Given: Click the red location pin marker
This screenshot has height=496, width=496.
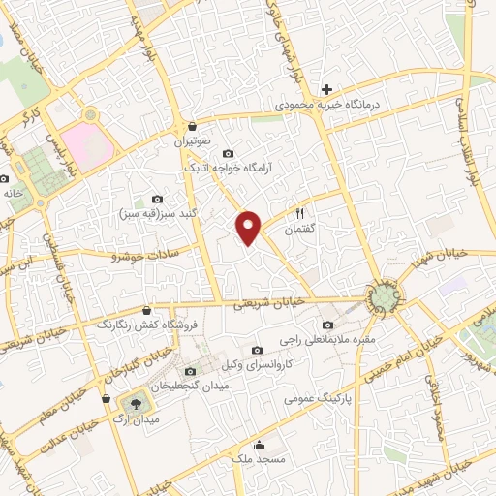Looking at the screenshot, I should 250,227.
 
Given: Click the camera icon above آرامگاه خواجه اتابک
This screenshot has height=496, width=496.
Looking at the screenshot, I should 228,153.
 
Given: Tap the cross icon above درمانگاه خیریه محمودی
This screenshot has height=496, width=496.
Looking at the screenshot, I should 327,89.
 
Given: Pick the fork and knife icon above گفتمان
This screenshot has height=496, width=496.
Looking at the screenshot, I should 300,214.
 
